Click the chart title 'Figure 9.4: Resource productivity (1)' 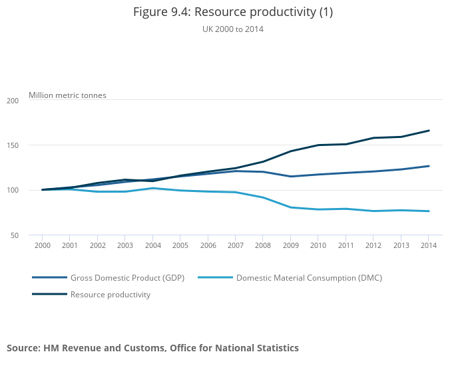pos(233,12)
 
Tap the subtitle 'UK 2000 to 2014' pos(233,29)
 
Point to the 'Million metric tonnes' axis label pos(67,95)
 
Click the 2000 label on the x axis pos(42,245)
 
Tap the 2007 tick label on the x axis pos(236,245)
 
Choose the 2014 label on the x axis pos(429,245)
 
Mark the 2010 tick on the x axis pos(318,245)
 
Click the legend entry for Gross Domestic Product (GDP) pos(127,277)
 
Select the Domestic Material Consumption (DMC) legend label pos(309,277)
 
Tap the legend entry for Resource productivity pos(111,295)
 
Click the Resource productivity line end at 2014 pos(429,131)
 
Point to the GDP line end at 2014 pos(429,166)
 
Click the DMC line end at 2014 pos(429,211)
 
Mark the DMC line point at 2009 pos(291,207)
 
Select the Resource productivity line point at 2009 pos(291,151)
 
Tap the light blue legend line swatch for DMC pos(215,277)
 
